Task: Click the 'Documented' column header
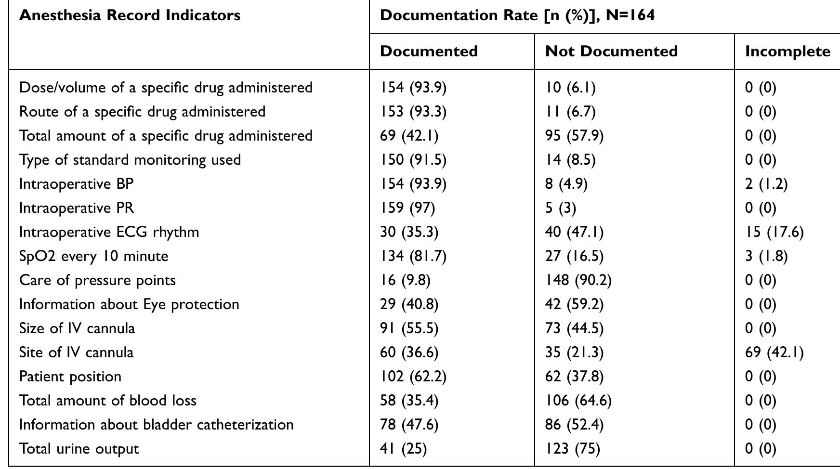click(429, 52)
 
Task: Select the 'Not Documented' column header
click(611, 52)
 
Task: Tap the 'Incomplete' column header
click(787, 52)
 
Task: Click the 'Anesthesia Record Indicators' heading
click(130, 15)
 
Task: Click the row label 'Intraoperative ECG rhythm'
click(109, 232)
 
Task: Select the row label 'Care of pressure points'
click(97, 280)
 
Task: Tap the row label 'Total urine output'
click(79, 449)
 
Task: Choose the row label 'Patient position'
click(70, 377)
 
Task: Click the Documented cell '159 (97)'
click(407, 208)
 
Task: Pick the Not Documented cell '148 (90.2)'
click(578, 280)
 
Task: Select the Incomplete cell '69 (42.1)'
click(774, 352)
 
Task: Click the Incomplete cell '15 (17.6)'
click(774, 232)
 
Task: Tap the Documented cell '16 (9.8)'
click(405, 280)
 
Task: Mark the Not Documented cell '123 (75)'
click(573, 449)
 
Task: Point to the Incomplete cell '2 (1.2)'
click(766, 184)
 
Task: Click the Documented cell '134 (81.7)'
click(413, 256)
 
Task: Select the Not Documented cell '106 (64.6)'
click(578, 401)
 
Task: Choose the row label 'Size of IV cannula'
click(77, 328)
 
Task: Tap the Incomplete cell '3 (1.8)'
click(766, 256)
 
